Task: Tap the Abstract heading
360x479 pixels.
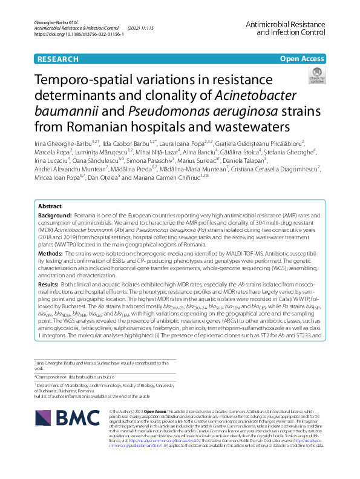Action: (50, 206)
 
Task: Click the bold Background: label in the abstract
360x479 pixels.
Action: (55, 216)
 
